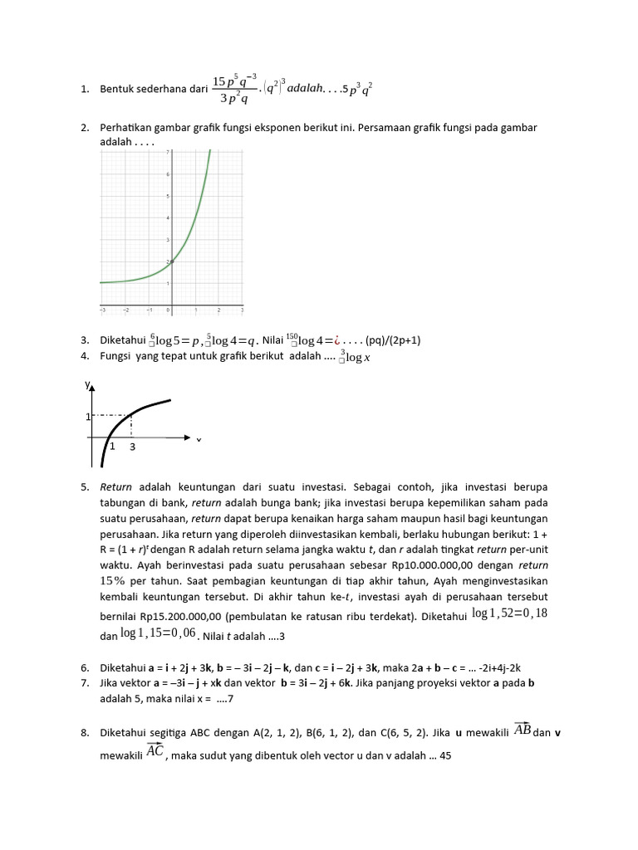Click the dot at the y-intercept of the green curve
172,261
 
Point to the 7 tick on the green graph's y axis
169,153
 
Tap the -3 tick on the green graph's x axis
103,310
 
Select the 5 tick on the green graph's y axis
169,197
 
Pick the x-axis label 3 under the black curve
131,447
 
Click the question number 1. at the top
85,89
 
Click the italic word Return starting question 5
116,486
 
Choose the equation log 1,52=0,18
510,613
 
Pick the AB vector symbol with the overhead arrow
523,730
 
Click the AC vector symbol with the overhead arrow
155,751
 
